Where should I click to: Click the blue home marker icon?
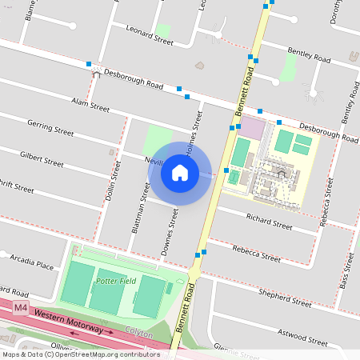pos(180,173)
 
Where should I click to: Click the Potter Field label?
pos(116,282)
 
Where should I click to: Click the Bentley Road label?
pos(309,54)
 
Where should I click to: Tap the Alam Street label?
pos(90,104)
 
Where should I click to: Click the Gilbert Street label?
pos(42,158)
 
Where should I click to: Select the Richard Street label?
pos(270,222)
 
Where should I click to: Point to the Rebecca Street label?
pos(256,254)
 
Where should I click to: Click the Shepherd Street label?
pos(285,298)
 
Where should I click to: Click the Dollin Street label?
pos(115,183)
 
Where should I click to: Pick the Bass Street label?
pos(346,270)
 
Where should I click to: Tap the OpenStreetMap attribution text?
pos(82,354)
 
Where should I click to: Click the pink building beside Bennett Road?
pos(253,127)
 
